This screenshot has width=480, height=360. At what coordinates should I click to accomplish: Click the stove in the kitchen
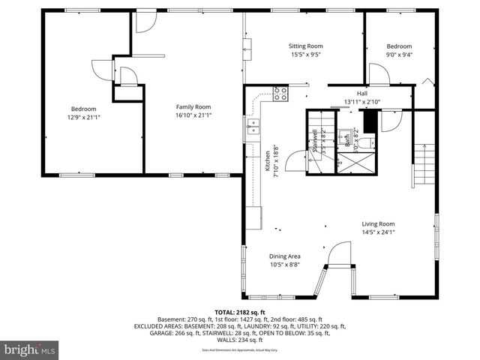(x=280, y=94)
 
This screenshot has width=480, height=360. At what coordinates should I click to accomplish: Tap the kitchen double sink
(x=253, y=125)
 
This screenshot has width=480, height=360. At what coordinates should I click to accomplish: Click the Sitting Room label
(x=306, y=46)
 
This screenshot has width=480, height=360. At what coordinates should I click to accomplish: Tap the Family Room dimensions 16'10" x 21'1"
(x=193, y=115)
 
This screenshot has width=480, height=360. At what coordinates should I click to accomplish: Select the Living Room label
(x=378, y=223)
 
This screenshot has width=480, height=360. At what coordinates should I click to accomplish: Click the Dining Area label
(x=285, y=255)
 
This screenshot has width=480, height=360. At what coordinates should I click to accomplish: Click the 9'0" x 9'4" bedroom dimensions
(x=399, y=54)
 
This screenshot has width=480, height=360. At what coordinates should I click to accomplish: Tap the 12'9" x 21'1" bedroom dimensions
(x=83, y=117)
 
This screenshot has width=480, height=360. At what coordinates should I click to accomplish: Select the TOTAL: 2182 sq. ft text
(x=240, y=312)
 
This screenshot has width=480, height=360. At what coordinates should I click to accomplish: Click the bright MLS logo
(x=30, y=349)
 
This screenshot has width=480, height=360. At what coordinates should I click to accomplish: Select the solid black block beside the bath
(x=368, y=121)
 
